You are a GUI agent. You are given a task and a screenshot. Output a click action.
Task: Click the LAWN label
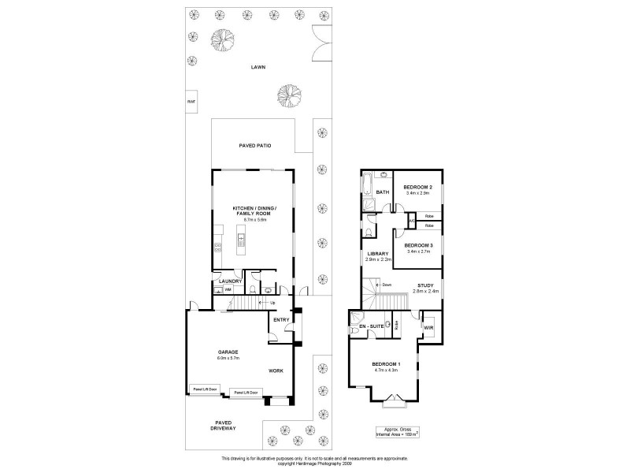pos(258,67)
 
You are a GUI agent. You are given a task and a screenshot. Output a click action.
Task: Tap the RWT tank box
pos(191,102)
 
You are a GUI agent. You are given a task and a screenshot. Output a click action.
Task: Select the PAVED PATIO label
pos(254,146)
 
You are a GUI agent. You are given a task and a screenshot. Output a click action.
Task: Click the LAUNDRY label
pos(230,281)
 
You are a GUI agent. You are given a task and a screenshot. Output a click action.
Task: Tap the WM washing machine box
pos(228,290)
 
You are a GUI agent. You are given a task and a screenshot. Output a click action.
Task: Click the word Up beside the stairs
pos(272,303)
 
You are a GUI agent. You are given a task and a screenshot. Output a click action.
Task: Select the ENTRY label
pos(281,319)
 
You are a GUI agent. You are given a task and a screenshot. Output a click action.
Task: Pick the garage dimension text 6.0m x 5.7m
pos(228,358)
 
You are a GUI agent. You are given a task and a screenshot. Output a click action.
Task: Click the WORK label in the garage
pos(276,370)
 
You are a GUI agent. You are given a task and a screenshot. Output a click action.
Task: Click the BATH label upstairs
pos(383,192)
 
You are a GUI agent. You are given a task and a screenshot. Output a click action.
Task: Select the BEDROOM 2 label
pos(417,187)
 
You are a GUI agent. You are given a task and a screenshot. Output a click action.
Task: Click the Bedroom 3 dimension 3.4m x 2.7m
pos(417,251)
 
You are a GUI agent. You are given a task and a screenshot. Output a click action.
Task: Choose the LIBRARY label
pos(378,254)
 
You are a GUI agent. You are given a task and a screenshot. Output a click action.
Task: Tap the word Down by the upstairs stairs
pos(387,285)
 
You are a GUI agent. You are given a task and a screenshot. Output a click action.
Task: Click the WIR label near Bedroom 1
pos(428,326)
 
